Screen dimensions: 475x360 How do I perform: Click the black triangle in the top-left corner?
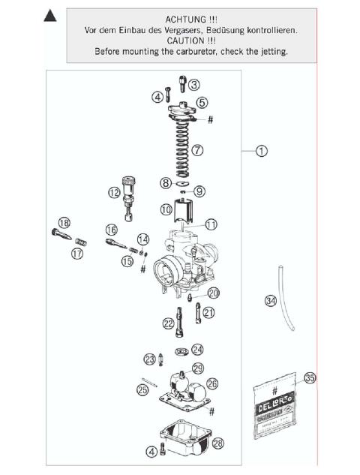pyautogui.click(x=50, y=16)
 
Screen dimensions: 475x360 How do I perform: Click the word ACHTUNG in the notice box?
pyautogui.click(x=179, y=18)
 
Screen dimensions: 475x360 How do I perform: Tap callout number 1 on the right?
pyautogui.click(x=261, y=151)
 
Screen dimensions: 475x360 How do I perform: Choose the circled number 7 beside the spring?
pyautogui.click(x=197, y=150)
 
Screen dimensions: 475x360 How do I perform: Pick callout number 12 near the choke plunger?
pyautogui.click(x=114, y=193)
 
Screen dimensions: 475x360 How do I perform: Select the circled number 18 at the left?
pyautogui.click(x=64, y=223)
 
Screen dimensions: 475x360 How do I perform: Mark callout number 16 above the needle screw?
pyautogui.click(x=111, y=229)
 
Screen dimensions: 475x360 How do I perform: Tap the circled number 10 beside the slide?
pyautogui.click(x=166, y=211)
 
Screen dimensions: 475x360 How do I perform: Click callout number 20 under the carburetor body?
pyautogui.click(x=214, y=293)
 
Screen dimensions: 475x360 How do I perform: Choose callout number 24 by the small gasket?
pyautogui.click(x=197, y=349)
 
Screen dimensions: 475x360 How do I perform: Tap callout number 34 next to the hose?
pyautogui.click(x=270, y=301)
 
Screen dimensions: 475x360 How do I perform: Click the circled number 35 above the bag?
pyautogui.click(x=310, y=378)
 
